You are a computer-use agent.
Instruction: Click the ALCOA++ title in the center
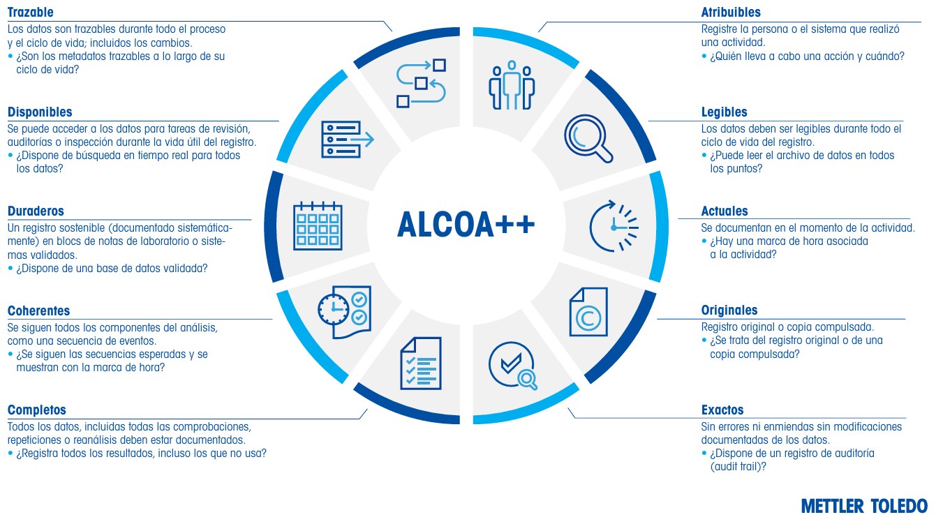[466, 225]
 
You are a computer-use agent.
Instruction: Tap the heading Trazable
[31, 12]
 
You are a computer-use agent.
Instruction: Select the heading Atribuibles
[731, 12]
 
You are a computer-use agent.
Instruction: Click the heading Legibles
[724, 112]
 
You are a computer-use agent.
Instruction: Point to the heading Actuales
[725, 211]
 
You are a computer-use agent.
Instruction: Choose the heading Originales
[729, 310]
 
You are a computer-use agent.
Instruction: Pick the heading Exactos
[722, 410]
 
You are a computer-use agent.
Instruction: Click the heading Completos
[37, 410]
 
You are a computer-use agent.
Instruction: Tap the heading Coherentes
[38, 311]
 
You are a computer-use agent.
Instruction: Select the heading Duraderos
[36, 211]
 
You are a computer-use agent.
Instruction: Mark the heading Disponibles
[40, 112]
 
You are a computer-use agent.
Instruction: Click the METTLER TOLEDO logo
[864, 506]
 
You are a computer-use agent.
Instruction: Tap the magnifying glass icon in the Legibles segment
[588, 139]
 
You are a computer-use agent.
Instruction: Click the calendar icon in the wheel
[318, 226]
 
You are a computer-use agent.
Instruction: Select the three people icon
[512, 85]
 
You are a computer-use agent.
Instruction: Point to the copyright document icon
[588, 312]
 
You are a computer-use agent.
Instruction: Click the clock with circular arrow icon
[614, 226]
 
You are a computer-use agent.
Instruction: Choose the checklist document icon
[421, 363]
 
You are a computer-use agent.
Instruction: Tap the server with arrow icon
[347, 139]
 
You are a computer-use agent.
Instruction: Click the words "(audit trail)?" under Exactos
[738, 466]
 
